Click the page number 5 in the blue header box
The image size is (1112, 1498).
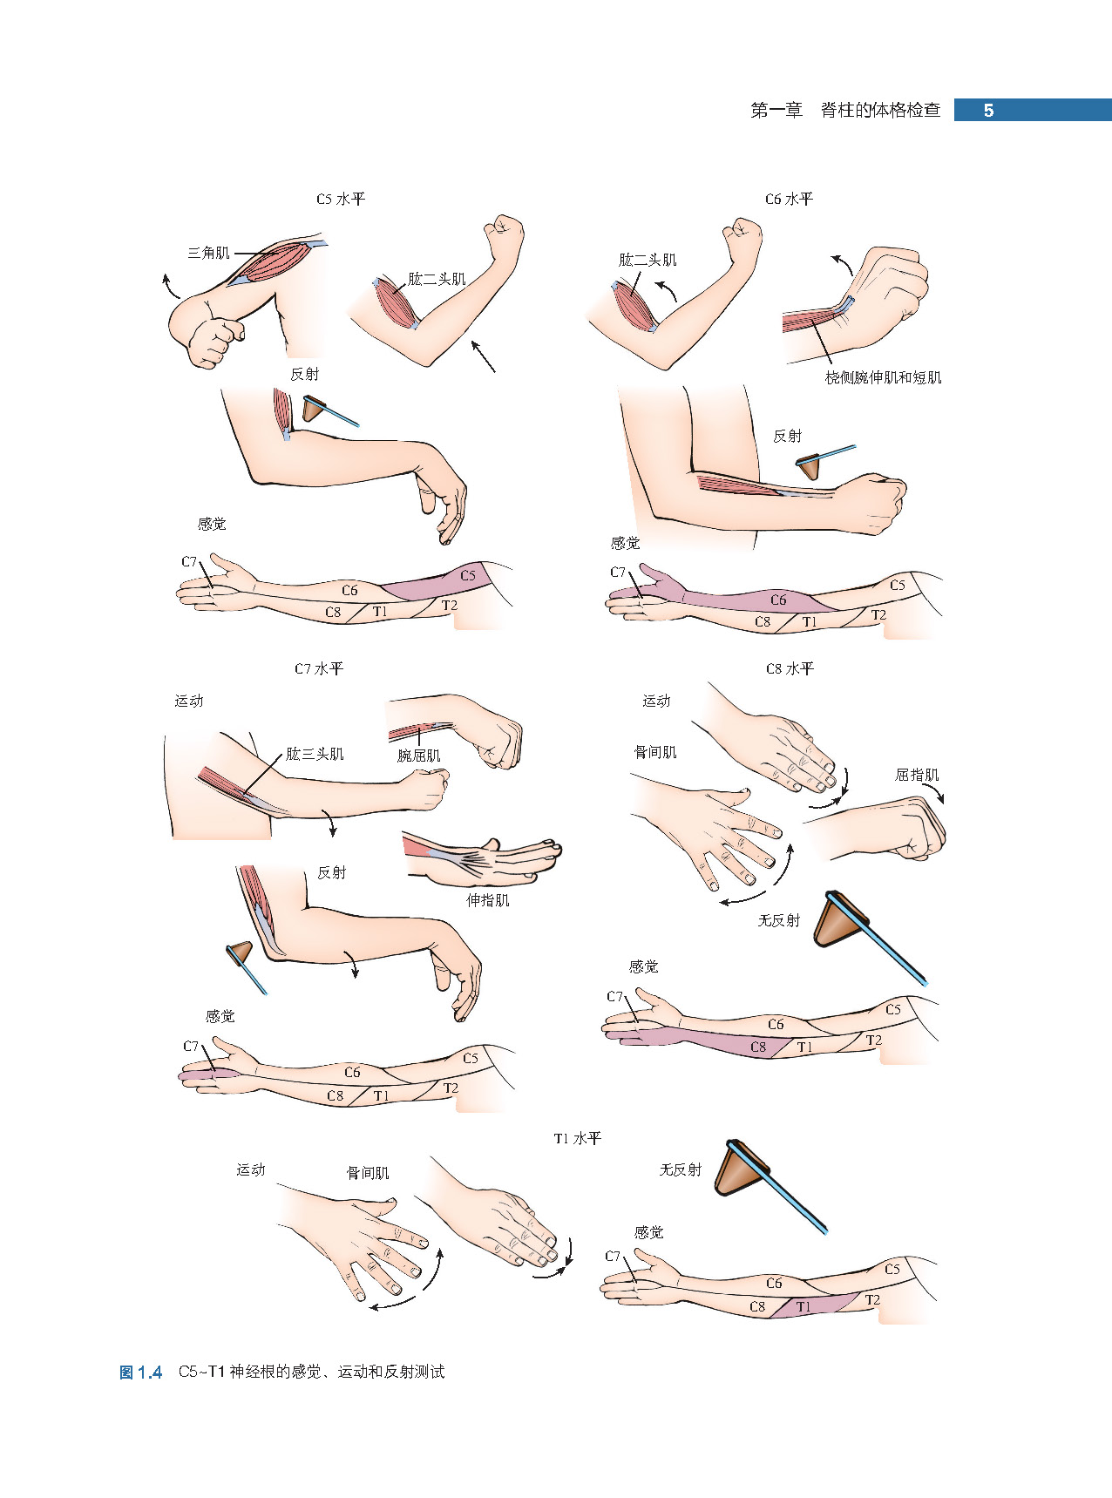[988, 111]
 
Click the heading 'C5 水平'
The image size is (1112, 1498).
[340, 200]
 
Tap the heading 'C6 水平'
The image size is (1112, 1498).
[789, 200]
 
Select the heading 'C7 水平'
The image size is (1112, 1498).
[319, 669]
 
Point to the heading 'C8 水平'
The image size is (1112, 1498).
[790, 669]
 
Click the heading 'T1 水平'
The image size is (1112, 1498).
[577, 1139]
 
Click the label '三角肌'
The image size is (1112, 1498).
[208, 254]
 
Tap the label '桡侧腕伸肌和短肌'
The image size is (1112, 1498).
[883, 378]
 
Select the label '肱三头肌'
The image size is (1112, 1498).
[315, 755]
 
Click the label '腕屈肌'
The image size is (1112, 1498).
[419, 756]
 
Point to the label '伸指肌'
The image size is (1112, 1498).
[487, 900]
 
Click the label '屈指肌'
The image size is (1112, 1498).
[917, 776]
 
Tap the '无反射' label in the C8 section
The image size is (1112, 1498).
[778, 920]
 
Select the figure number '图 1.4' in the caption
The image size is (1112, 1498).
[140, 1373]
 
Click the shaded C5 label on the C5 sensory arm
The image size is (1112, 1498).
[468, 576]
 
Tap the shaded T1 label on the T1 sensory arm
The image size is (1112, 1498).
[803, 1307]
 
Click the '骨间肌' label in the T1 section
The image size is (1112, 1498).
[368, 1174]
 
